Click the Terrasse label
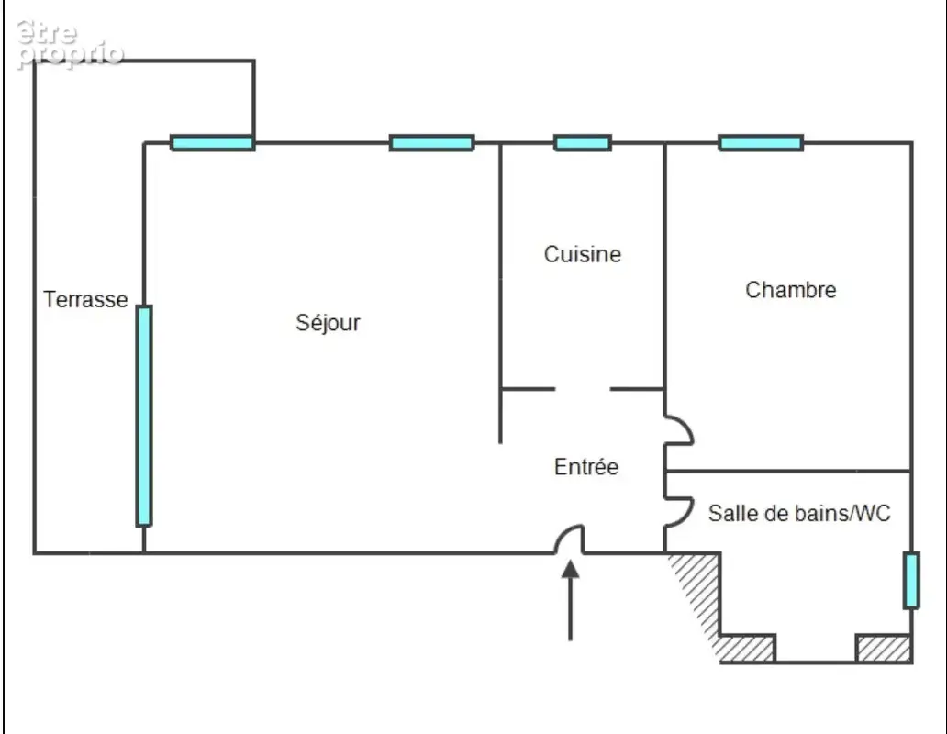click(x=85, y=299)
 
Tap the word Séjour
click(x=328, y=322)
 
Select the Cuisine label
click(x=582, y=254)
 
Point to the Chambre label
click(x=791, y=290)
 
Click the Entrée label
click(x=586, y=467)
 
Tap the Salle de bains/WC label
click(x=799, y=513)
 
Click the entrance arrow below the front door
click(x=570, y=600)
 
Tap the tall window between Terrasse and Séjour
click(x=144, y=416)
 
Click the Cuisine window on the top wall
click(x=583, y=143)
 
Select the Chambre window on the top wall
click(x=761, y=143)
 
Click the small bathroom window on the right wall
click(x=911, y=580)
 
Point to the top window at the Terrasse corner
click(x=212, y=143)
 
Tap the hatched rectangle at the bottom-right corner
click(x=884, y=649)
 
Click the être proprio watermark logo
click(x=70, y=44)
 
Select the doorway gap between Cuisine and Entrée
click(x=582, y=389)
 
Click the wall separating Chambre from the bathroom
click(x=788, y=471)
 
